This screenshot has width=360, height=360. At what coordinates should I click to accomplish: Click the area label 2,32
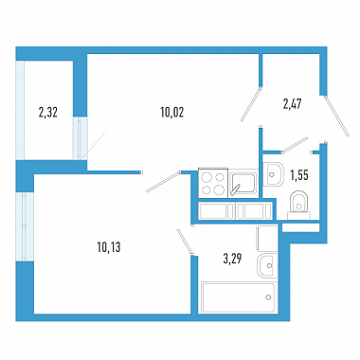click(48, 112)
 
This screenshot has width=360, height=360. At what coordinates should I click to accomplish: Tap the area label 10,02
click(172, 112)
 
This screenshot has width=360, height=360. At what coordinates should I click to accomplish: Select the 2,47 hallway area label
click(292, 104)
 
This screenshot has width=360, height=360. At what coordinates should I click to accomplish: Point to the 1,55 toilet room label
click(299, 175)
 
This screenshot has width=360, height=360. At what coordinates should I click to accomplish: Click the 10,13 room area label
click(109, 247)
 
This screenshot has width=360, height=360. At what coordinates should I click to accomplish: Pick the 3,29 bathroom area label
click(232, 259)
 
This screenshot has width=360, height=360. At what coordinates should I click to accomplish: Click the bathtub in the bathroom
click(238, 297)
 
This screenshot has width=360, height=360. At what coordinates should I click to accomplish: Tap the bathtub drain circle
click(268, 297)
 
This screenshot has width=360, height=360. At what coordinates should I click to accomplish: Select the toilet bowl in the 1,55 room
click(298, 205)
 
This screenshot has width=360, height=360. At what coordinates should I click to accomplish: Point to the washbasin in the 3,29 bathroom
click(267, 265)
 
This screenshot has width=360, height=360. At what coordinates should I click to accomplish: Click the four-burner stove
click(213, 184)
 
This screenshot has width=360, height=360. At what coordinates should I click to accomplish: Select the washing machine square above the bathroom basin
click(268, 239)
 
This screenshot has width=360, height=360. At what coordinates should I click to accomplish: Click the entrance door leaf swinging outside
click(336, 117)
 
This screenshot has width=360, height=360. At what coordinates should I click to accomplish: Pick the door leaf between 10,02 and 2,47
click(251, 104)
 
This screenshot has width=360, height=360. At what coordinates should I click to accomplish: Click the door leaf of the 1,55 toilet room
click(295, 145)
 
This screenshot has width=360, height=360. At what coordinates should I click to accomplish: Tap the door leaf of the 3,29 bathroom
click(186, 242)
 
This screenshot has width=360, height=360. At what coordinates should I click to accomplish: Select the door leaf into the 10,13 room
click(163, 181)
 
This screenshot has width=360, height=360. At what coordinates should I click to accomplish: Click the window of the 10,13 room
click(25, 226)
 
